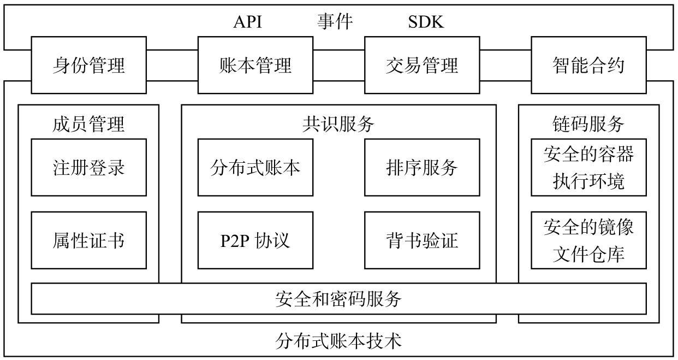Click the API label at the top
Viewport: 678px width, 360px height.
248,22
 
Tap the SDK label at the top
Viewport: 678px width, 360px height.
426,22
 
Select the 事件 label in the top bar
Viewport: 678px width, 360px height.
335,22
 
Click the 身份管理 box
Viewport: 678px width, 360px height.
88,65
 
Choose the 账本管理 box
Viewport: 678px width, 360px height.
255,65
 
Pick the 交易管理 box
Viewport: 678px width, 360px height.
422,65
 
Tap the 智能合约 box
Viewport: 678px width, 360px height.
588,65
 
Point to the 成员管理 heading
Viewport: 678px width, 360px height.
88,124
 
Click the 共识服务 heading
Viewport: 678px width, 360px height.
338,124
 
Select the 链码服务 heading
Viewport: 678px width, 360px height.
588,124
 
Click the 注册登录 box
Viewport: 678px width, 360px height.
88,167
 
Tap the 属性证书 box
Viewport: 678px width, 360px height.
88,240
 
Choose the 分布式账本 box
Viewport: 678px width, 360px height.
255,167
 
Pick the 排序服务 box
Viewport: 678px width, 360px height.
422,167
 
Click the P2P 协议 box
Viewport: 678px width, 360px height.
255,240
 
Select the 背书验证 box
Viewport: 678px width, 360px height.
422,240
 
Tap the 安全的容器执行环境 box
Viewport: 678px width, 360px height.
588,167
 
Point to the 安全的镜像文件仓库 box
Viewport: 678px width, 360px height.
588,240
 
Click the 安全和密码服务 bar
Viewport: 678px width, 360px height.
338,299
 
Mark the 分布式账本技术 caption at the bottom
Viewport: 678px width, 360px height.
338,341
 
